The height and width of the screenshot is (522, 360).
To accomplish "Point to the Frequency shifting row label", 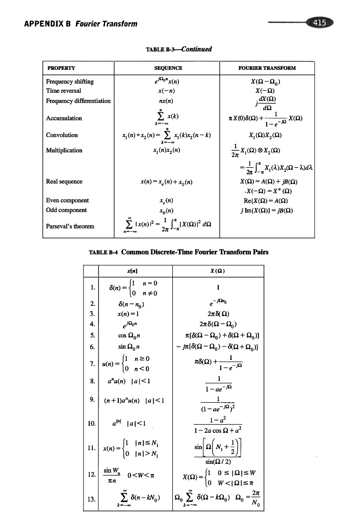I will (70, 81).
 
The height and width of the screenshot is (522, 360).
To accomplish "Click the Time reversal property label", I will (65, 90).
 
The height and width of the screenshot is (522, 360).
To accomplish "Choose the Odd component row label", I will (66, 210).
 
